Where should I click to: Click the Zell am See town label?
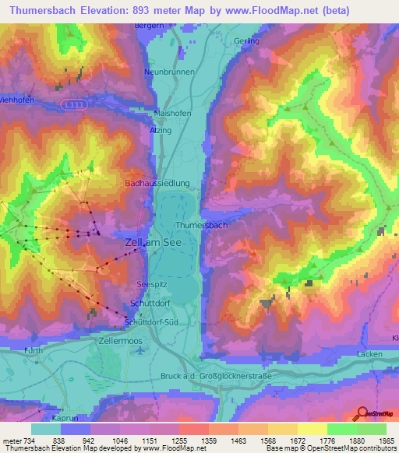pyautogui.click(x=154, y=243)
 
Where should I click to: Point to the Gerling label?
pyautogui.click(x=245, y=40)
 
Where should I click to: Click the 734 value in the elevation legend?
pyautogui.click(x=29, y=441)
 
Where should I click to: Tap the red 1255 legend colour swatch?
pyautogui.click(x=192, y=429)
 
